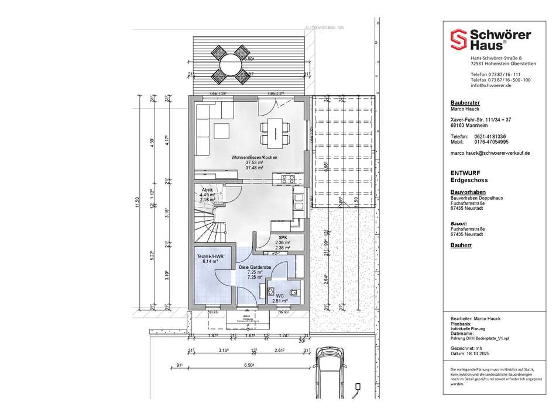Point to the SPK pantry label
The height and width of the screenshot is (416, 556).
click(x=282, y=238)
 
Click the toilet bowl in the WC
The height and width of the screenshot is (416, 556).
click(x=293, y=290)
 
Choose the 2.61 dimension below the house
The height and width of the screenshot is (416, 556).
click(x=280, y=351)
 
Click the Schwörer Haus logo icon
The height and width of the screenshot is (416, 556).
click(x=457, y=40)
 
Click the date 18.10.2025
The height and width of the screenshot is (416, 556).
click(x=480, y=353)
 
